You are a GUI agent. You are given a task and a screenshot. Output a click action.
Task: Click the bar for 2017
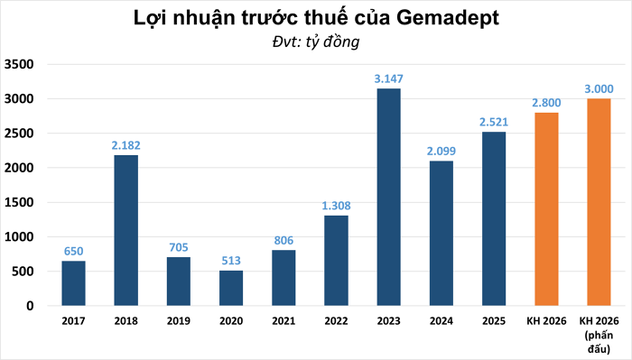click(74, 283)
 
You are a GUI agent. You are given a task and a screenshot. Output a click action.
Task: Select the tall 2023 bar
click(388, 197)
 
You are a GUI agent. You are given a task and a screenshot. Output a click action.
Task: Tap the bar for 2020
click(231, 288)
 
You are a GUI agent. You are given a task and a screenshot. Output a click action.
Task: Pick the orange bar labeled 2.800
click(545, 208)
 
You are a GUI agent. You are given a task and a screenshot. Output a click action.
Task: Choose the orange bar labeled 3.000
click(598, 202)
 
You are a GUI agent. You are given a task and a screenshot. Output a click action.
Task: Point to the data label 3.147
click(388, 79)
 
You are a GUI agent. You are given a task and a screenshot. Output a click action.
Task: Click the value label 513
click(231, 262)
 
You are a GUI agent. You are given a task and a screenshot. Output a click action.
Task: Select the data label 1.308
click(336, 207)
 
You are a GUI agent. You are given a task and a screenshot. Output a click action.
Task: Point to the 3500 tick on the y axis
click(19, 64)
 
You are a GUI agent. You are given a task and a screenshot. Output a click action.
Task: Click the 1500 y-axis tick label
click(19, 202)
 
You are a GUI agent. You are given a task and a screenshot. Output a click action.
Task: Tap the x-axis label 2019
click(179, 320)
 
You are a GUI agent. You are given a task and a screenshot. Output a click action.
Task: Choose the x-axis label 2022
click(336, 320)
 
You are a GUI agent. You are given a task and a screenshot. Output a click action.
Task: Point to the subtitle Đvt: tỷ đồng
click(316, 42)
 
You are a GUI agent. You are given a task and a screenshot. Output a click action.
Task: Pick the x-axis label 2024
click(441, 320)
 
